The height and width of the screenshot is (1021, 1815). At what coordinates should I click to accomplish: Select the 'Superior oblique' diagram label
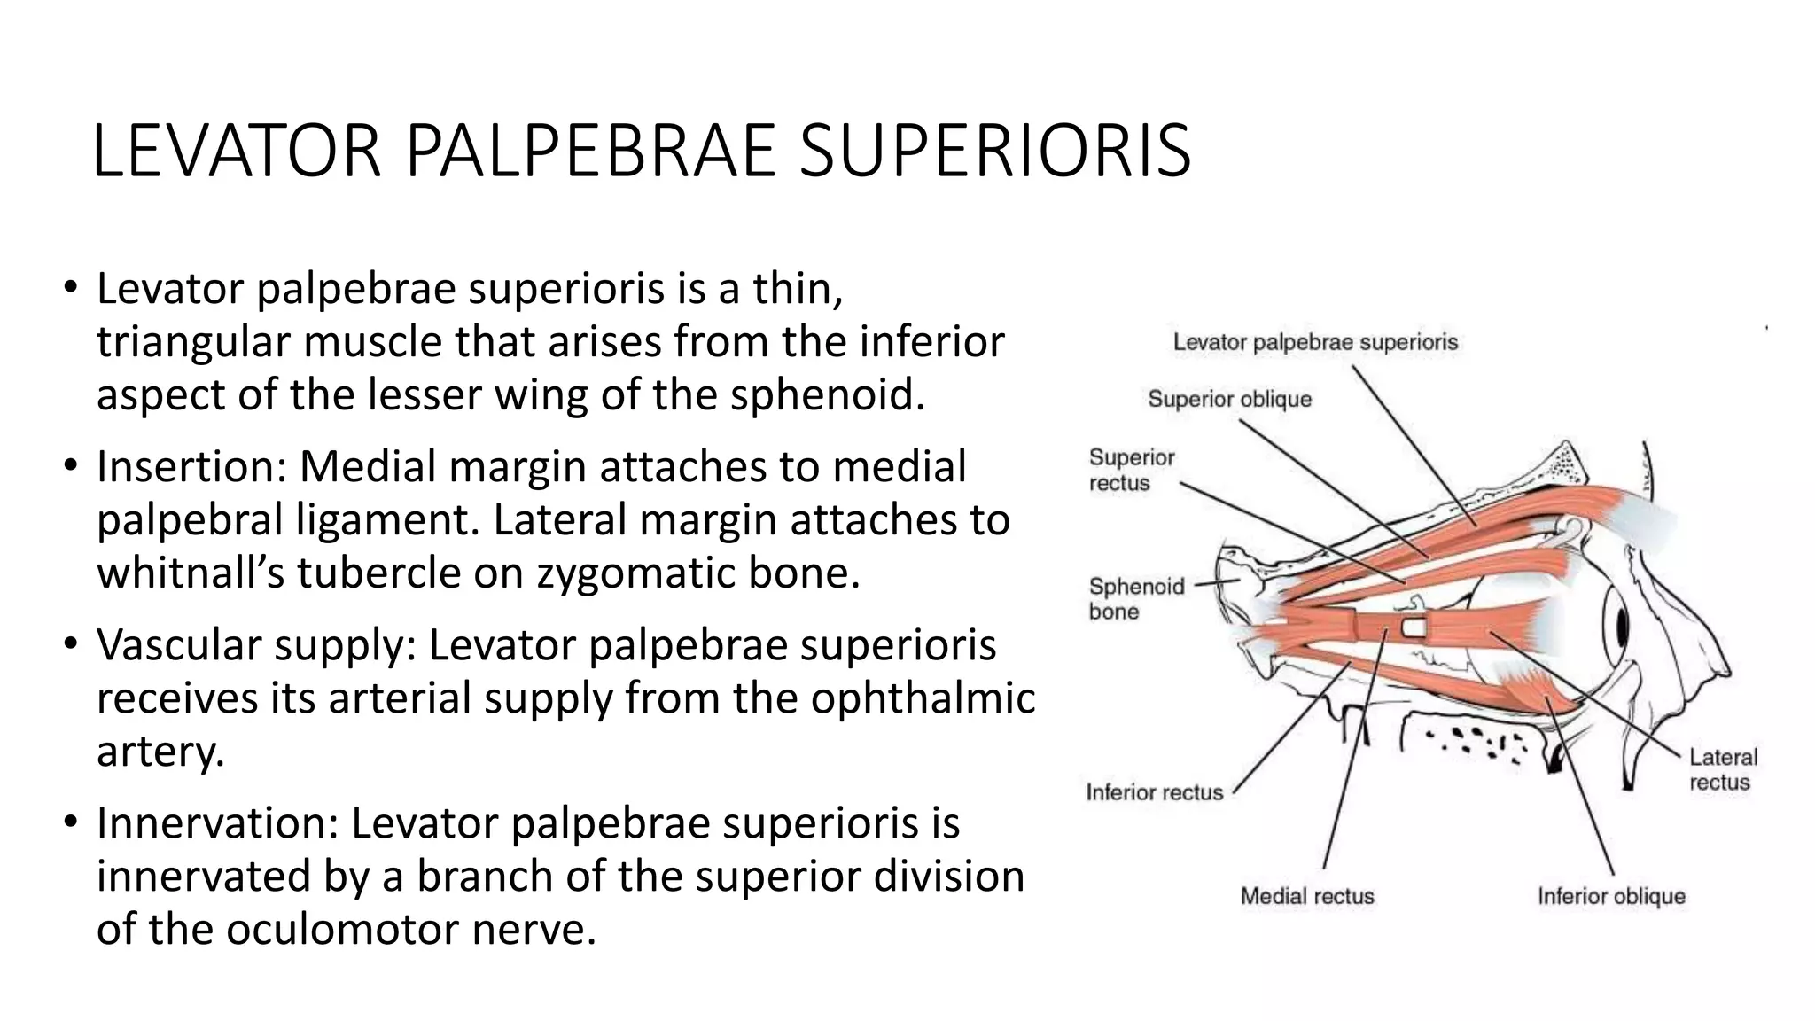pyautogui.click(x=1229, y=399)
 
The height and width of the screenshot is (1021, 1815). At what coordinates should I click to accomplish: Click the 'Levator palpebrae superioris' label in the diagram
pyautogui.click(x=1315, y=342)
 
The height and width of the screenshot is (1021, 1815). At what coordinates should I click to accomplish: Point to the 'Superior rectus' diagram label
pyautogui.click(x=1131, y=470)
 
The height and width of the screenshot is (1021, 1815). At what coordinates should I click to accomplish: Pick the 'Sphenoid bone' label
pyautogui.click(x=1135, y=598)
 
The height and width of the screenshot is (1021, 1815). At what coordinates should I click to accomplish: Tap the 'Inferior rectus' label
pyautogui.click(x=1154, y=792)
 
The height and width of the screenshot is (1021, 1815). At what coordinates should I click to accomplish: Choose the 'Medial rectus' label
pyautogui.click(x=1307, y=896)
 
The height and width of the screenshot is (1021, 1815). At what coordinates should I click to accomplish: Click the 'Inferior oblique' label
pyautogui.click(x=1610, y=896)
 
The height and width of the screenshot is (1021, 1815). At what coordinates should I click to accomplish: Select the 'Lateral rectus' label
pyautogui.click(x=1722, y=769)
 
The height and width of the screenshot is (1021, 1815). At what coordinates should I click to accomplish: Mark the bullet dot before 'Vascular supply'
pyautogui.click(x=71, y=644)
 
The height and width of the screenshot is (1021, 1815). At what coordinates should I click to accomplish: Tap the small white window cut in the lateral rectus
pyautogui.click(x=1413, y=628)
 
